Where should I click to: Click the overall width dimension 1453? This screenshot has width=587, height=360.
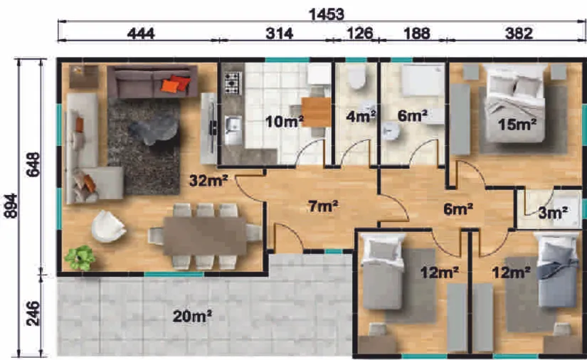pos(326,14)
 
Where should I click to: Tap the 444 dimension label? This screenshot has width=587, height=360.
pos(141,33)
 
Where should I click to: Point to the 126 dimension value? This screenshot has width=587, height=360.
pos(360,33)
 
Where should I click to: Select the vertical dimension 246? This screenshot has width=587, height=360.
pos(32,313)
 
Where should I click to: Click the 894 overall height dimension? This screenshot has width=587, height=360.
pos(11,206)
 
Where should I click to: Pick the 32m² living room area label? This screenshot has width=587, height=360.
pos(208,181)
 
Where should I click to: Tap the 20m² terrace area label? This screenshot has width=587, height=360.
pos(192,317)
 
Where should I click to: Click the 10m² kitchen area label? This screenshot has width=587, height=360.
pos(284,121)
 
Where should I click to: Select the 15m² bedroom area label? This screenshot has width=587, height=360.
pos(517,125)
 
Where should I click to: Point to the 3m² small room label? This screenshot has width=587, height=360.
pos(553,213)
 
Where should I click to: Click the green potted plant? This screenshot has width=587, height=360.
pos(80,258)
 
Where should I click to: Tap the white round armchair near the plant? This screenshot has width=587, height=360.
pos(109,226)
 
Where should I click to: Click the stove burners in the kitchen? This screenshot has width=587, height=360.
pos(232,83)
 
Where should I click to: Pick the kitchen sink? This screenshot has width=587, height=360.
pos(233,125)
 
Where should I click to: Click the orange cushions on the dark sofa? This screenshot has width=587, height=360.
pos(175,83)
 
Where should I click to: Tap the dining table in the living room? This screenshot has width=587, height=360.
pos(205,236)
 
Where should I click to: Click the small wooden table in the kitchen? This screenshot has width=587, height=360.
pos(317,112)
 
